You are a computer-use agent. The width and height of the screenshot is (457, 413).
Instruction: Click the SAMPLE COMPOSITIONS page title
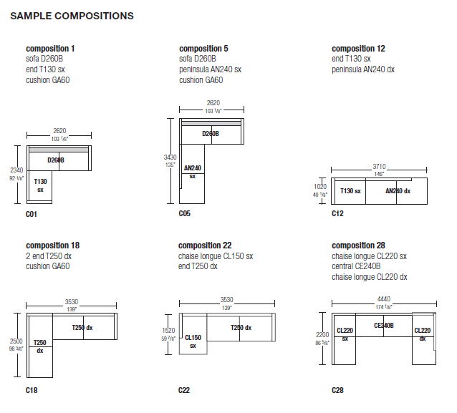pyautogui.click(x=72, y=16)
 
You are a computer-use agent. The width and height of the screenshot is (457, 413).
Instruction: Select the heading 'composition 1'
pyautogui.click(x=50, y=49)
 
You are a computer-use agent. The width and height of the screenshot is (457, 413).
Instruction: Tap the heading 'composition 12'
pyautogui.click(x=358, y=49)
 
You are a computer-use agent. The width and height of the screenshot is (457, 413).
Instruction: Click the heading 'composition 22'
pyautogui.click(x=205, y=246)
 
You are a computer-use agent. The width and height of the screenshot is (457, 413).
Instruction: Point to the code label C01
pyautogui.click(x=32, y=214)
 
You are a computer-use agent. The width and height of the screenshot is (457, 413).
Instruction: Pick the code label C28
pyautogui.click(x=337, y=390)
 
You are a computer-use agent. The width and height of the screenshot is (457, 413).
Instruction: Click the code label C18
pyautogui.click(x=32, y=390)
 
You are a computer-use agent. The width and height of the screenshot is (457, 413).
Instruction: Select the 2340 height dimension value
pyautogui.click(x=16, y=170)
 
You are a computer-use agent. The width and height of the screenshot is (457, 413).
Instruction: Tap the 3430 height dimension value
pyautogui.click(x=170, y=157)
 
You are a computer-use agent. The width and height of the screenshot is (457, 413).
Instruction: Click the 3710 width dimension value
pyautogui.click(x=379, y=167)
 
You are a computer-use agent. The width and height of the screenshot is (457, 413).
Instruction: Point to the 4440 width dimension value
pyautogui.click(x=384, y=299)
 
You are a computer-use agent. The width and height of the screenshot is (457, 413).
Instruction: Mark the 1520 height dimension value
pyautogui.click(x=168, y=331)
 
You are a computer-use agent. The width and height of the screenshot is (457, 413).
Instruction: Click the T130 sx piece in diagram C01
pyautogui.click(x=40, y=185)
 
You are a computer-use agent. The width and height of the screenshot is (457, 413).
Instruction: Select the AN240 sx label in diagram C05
pyautogui.click(x=193, y=172)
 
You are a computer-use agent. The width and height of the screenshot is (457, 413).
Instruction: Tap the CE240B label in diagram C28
pyautogui.click(x=384, y=326)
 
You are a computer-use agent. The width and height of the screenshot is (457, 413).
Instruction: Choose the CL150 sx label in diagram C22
pyautogui.click(x=193, y=341)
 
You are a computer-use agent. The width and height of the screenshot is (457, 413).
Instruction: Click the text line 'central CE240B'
pyautogui.click(x=356, y=266)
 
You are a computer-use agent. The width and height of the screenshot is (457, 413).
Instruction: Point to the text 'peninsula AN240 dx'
pyautogui.click(x=363, y=69)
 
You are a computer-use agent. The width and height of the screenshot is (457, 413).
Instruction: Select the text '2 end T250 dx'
pyautogui.click(x=49, y=256)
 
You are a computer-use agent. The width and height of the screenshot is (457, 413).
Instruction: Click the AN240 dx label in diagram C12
pyautogui.click(x=398, y=191)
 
